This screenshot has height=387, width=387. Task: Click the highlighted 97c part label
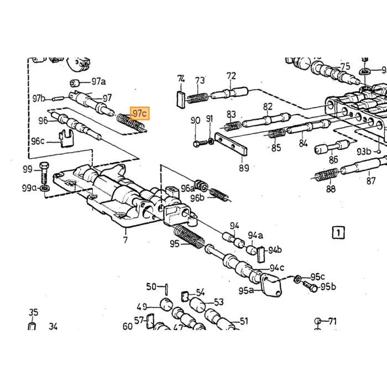140,113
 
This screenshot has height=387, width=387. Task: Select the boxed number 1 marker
338,233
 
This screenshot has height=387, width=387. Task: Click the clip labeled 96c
66,138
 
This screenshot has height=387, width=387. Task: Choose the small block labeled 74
181,99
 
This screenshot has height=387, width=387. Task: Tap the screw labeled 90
201,143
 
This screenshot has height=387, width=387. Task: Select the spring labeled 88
326,175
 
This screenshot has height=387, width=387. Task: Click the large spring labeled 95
189,236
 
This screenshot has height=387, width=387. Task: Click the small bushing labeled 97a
75,83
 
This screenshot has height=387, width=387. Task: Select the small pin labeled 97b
59,98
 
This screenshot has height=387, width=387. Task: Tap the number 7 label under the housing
125,239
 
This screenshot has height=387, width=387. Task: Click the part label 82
268,107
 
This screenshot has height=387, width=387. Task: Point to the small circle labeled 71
318,321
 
